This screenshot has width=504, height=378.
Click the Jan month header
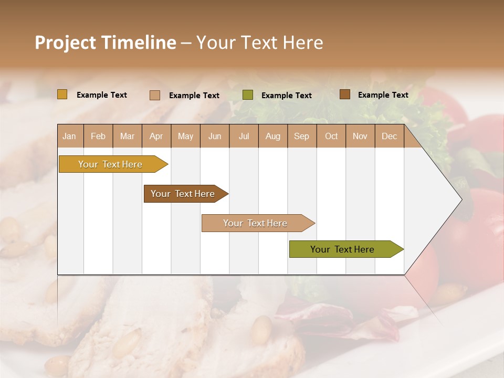click(x=69, y=136)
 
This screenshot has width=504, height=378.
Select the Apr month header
click(x=156, y=136)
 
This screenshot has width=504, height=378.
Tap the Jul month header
click(x=244, y=136)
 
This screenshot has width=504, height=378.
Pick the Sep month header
click(x=301, y=136)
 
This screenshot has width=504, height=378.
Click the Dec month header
click(x=389, y=136)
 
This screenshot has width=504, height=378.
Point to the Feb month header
click(x=98, y=136)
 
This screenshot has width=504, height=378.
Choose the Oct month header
click(x=331, y=136)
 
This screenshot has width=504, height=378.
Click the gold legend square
click(x=62, y=94)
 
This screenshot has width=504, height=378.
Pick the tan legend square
click(x=155, y=95)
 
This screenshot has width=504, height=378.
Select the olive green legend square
click(x=248, y=95)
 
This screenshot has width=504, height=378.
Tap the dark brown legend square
click(x=345, y=94)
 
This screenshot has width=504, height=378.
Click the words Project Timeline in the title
click(x=105, y=43)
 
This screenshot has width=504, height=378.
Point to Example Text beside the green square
click(x=286, y=96)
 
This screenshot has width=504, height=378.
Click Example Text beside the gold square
click(x=102, y=95)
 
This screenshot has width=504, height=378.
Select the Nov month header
click(x=360, y=136)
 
